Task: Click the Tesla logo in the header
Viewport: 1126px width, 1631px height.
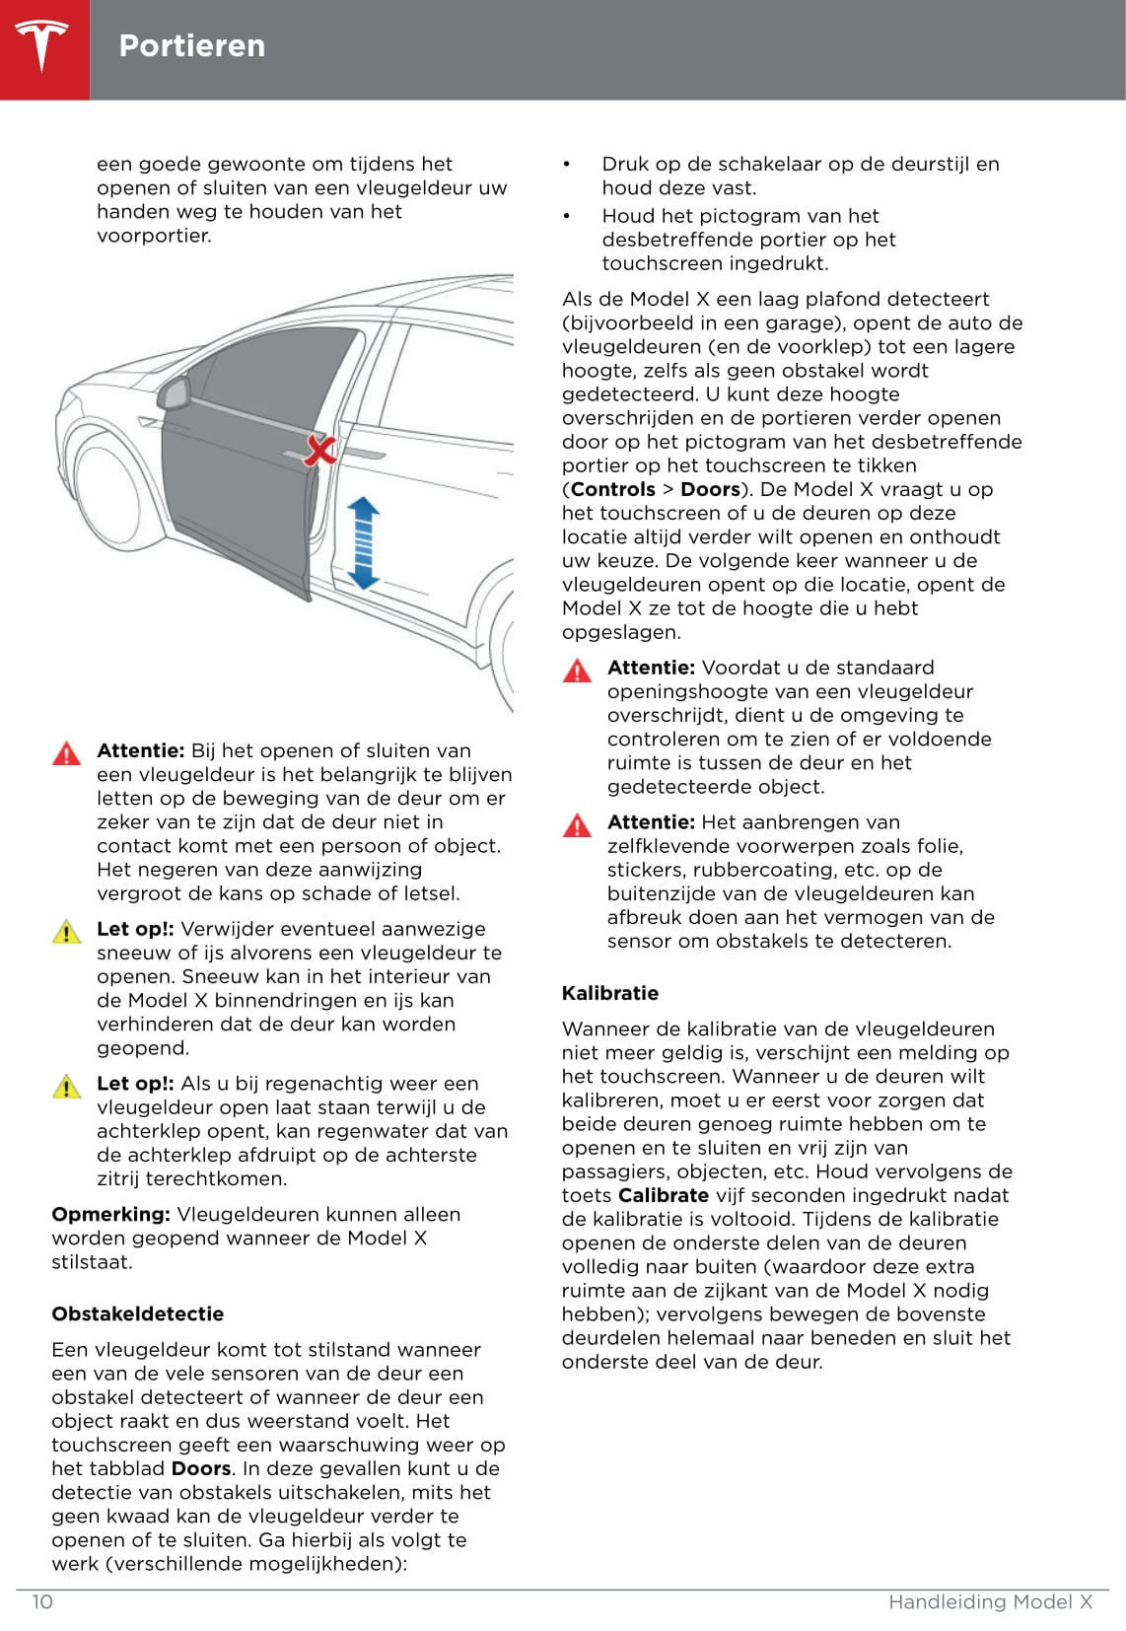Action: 43,46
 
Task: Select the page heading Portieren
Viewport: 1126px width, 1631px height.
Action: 192,46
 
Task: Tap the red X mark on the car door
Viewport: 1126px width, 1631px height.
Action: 319,450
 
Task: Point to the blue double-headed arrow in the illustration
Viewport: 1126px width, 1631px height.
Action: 363,543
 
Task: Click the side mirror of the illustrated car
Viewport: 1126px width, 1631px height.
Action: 175,392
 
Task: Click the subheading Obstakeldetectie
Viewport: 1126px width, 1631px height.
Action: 138,1313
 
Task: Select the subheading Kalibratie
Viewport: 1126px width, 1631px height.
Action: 610,993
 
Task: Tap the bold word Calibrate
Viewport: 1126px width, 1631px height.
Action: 663,1195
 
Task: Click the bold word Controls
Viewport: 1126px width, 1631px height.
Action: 612,489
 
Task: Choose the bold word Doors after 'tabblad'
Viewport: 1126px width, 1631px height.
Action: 201,1468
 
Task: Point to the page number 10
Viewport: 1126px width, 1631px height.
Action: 42,1601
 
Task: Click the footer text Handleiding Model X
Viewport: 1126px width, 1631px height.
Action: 990,1601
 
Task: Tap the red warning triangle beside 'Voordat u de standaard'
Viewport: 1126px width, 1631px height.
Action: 577,672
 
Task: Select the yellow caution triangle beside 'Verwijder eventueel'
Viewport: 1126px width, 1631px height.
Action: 66,932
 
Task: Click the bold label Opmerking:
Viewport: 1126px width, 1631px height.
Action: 111,1214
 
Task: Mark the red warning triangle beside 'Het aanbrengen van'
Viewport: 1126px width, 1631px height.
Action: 577,825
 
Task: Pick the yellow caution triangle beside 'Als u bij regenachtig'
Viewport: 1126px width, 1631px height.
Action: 66,1087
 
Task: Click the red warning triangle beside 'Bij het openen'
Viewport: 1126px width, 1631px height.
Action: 66,754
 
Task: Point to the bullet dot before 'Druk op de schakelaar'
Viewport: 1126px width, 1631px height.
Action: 567,165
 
